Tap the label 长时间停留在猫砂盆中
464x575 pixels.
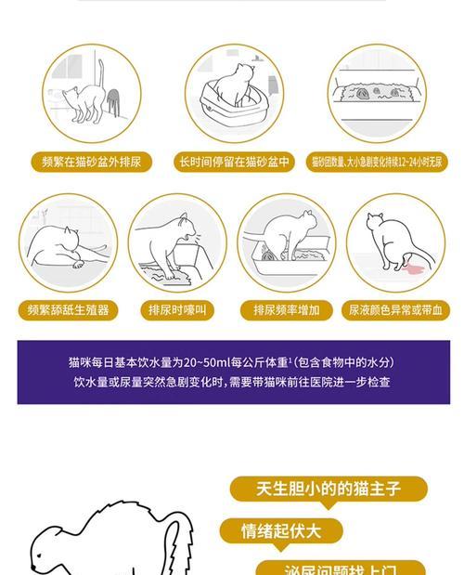pyautogui.click(x=235, y=162)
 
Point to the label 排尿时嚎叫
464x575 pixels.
pyautogui.click(x=177, y=310)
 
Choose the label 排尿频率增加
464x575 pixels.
pyautogui.click(x=286, y=310)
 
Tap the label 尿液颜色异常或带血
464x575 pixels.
pyautogui.click(x=395, y=310)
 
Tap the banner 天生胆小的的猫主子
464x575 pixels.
pyautogui.click(x=328, y=489)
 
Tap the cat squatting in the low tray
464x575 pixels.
pyautogui.click(x=283, y=237)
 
